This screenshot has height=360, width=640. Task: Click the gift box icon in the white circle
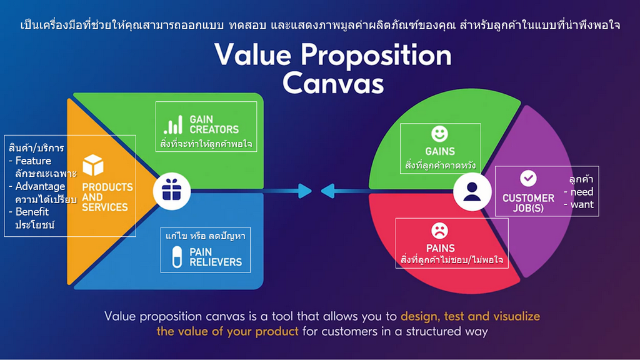pyautogui.click(x=172, y=191)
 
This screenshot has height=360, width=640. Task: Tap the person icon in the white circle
pyautogui.click(x=472, y=192)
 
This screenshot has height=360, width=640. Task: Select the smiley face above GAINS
pyautogui.click(x=439, y=134)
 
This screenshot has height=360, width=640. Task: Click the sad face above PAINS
pyautogui.click(x=439, y=231)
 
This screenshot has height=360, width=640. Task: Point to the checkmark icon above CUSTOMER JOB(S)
pyautogui.click(x=528, y=178)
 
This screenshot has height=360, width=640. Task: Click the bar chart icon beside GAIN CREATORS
pyautogui.click(x=173, y=124)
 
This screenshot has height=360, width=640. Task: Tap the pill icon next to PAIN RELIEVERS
pyautogui.click(x=177, y=257)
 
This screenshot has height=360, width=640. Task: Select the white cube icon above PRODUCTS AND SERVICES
pyautogui.click(x=93, y=165)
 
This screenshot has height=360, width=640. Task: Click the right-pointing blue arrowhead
pyautogui.click(x=304, y=191)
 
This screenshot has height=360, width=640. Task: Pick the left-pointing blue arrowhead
pyautogui.click(x=327, y=191)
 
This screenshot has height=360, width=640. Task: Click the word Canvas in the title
pyautogui.click(x=333, y=83)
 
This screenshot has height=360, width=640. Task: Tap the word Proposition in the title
pyautogui.click(x=376, y=56)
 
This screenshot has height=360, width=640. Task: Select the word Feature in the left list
pyautogui.click(x=33, y=161)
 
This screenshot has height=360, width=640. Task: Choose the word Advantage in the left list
pyautogui.click(x=40, y=186)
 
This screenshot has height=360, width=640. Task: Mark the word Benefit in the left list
pyautogui.click(x=32, y=212)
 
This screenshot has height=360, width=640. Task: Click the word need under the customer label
pyautogui.click(x=582, y=192)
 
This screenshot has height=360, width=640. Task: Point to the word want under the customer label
pyautogui.click(x=582, y=204)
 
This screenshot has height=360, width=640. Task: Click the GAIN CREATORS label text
pyautogui.click(x=214, y=124)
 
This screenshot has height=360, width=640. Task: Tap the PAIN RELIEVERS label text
pyautogui.click(x=216, y=257)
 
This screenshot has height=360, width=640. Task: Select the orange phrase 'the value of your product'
pyautogui.click(x=227, y=331)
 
